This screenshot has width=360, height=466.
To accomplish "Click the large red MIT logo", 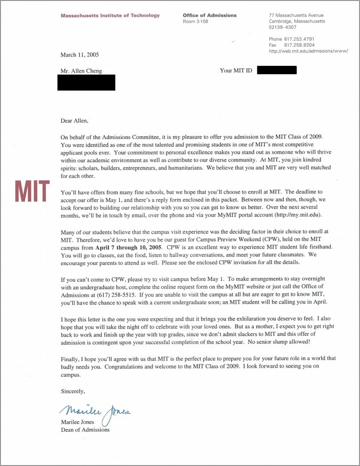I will [x=33, y=191].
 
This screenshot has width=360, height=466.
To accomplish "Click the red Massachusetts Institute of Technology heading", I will [x=110, y=16].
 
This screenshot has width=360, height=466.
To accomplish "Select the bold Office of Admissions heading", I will [x=209, y=16].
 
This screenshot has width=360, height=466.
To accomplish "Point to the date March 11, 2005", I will [x=79, y=55].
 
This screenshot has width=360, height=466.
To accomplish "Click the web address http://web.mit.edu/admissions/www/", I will [x=308, y=51].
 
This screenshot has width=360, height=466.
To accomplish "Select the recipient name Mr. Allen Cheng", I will [x=81, y=71].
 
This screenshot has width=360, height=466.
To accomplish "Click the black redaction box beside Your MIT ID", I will [x=276, y=71].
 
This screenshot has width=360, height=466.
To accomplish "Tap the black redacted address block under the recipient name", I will [x=86, y=82].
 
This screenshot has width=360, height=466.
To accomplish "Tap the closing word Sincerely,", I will [x=73, y=391].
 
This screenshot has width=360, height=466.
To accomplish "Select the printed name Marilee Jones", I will [x=77, y=422].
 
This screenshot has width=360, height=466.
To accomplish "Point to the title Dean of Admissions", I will [x=85, y=429].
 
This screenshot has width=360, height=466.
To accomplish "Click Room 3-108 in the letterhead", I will [x=195, y=21].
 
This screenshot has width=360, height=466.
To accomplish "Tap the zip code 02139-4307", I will [x=283, y=27].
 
